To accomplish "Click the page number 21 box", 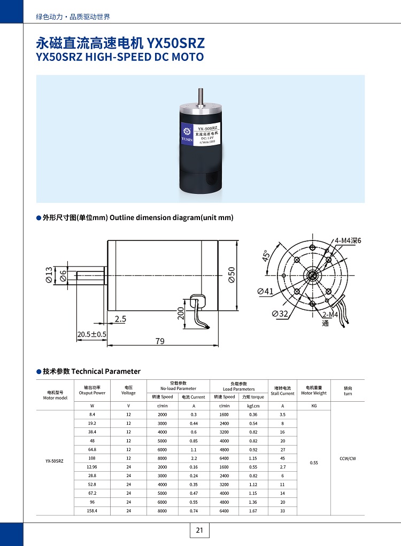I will pos(199,530).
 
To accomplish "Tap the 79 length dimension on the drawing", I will pos(160,341).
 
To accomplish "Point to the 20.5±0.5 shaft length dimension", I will pos(91,334).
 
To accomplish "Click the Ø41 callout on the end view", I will pos(265,291).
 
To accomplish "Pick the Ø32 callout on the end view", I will pos(280,314).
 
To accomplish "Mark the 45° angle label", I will pos(266,256).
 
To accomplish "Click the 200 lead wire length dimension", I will pos(181,313).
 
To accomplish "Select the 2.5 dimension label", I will pos(120,319).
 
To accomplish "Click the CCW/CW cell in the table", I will pos(348,458).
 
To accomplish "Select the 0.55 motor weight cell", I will pos(314,463).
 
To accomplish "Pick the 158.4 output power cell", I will pos(92,511).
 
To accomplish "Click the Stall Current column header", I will pos(282,391).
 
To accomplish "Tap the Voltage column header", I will pos(128,391).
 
